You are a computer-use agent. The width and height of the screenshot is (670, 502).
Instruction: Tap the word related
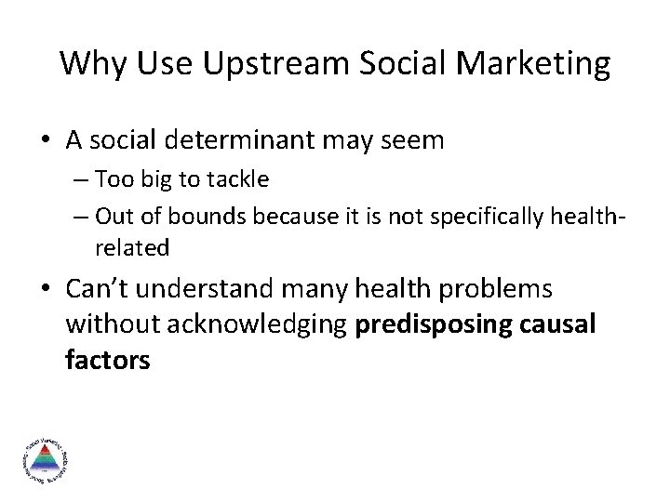(x=131, y=247)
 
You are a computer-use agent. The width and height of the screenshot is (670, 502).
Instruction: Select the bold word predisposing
(x=432, y=325)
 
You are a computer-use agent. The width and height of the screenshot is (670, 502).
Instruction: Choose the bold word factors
(x=107, y=361)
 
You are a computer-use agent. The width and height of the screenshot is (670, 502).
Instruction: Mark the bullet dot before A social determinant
(x=46, y=141)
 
